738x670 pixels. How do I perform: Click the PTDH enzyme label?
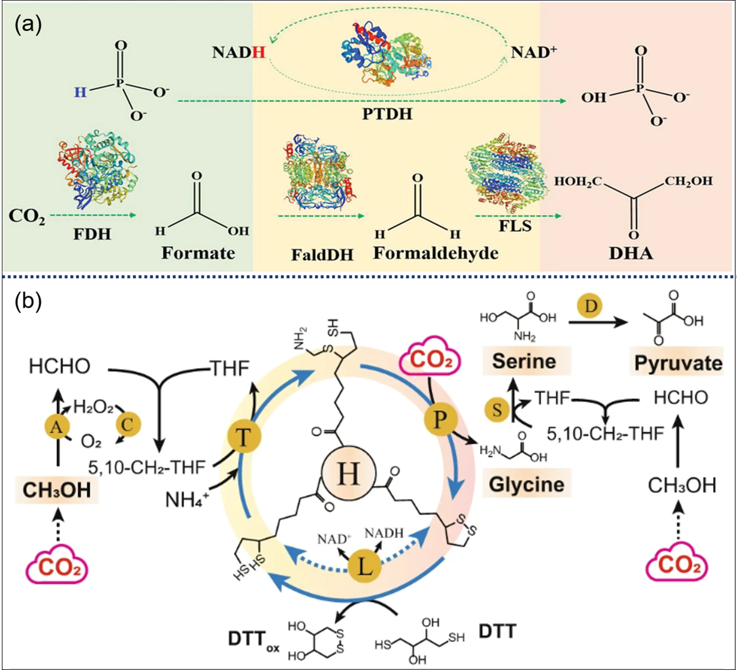point(387,114)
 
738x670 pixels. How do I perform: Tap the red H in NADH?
point(259,53)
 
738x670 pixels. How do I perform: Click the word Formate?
point(198,253)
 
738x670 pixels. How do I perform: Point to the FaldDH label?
point(322,255)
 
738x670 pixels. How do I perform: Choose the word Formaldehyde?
point(436,253)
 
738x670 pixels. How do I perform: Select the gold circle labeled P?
point(440,420)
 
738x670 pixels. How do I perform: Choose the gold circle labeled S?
point(497,410)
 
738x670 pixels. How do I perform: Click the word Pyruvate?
point(678,363)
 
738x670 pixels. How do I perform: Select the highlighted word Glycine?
point(526,484)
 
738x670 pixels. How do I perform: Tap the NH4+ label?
point(187,500)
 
